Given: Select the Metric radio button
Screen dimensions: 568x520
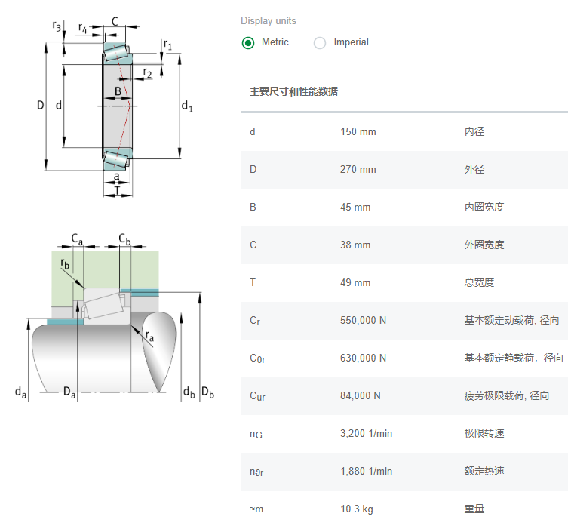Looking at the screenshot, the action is pos(248,43).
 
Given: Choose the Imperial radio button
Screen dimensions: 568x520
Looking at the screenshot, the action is pos(320,43).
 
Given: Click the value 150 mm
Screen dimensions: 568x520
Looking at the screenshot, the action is pos(358,131).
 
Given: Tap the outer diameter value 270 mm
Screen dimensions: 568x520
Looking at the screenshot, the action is pos(358,169).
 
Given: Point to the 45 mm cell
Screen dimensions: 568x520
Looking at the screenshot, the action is pos(355,207).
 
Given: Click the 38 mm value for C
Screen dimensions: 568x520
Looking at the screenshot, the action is pos(355,245).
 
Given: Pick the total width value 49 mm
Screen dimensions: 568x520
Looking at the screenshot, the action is pos(355,282).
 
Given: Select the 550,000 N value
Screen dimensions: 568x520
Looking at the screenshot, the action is pos(363,320).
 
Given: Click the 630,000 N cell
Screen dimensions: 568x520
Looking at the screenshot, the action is pos(363,358).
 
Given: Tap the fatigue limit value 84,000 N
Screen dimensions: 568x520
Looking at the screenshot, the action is pos(361,395).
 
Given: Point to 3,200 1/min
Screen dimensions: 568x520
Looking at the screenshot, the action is pos(367,433).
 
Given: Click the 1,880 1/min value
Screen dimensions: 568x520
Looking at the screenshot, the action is pos(367,471).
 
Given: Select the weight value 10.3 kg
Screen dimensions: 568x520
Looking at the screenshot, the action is pos(357,509).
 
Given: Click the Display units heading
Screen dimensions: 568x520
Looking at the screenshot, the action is pos(269,20).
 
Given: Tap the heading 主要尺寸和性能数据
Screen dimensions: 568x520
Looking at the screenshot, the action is pos(293,91).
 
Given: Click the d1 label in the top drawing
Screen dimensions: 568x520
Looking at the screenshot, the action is pos(187,106).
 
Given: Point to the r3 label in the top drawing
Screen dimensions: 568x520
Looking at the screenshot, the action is pos(57,26).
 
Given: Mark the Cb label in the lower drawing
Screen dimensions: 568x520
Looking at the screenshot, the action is pos(124,239).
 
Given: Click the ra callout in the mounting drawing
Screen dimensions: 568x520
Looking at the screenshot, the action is pos(149,336).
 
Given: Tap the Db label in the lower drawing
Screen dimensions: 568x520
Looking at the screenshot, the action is pos(207,392).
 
